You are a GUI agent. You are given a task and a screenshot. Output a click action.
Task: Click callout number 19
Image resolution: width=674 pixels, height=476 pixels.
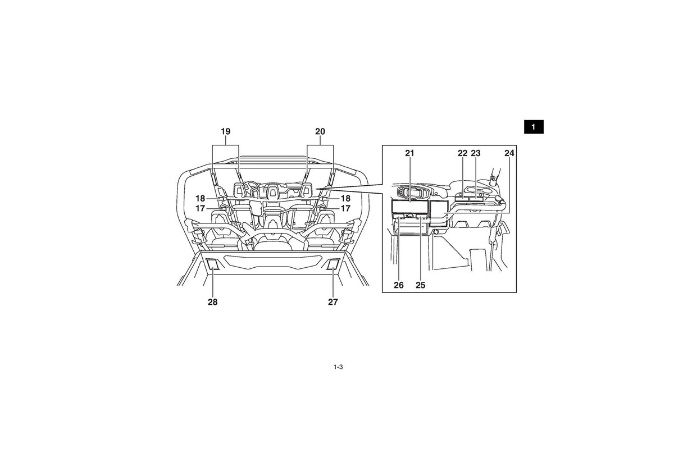[x=226, y=131]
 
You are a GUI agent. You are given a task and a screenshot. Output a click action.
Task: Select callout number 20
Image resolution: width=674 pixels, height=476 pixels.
[x=320, y=131]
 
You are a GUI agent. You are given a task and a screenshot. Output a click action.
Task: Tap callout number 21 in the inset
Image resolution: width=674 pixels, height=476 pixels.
[x=409, y=153]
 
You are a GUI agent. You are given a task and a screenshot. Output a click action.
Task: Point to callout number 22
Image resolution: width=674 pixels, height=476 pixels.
[x=462, y=153]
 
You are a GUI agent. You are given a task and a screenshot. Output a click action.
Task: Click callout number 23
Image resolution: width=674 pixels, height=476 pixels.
[x=476, y=153]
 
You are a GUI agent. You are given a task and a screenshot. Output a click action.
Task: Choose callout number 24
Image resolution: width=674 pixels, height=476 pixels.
[x=509, y=153]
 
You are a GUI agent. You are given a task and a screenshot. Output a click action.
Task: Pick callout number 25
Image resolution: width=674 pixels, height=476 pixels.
[x=420, y=285]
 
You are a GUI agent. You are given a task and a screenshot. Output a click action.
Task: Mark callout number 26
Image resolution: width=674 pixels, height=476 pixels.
[x=399, y=285]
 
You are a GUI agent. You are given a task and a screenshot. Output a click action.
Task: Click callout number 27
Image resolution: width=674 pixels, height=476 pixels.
[x=333, y=302]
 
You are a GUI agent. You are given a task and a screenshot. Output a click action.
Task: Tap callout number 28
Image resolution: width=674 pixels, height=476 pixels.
[x=212, y=302]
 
